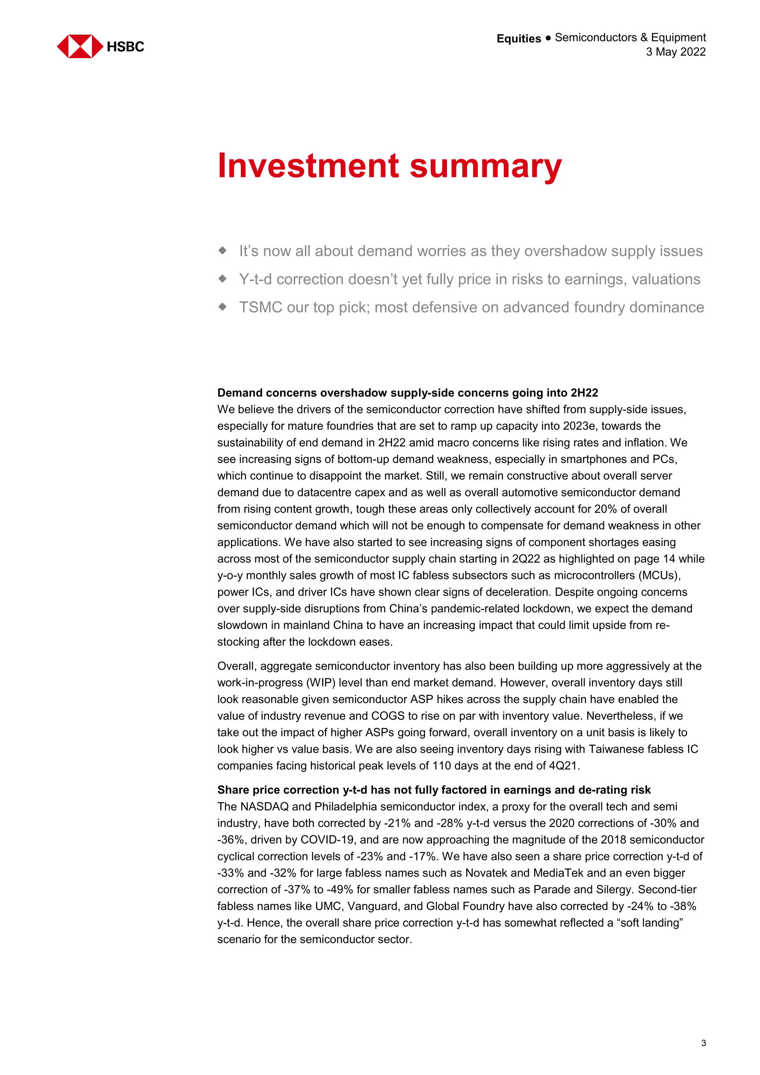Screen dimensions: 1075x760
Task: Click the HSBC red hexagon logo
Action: tap(80, 46)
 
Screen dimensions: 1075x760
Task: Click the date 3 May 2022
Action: tap(676, 52)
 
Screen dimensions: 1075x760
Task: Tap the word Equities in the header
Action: tap(518, 38)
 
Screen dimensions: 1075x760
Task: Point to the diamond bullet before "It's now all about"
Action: tap(222, 251)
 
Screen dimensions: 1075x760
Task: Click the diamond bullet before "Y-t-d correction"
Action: tap(222, 278)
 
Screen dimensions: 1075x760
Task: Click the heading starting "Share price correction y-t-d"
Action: tap(434, 790)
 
